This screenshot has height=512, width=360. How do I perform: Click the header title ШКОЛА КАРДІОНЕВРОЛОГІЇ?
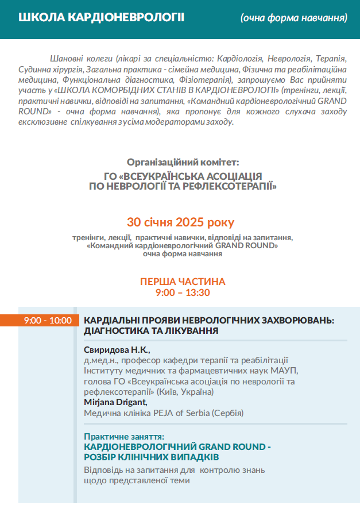(x=102, y=17)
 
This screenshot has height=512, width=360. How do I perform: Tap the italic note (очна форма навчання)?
(x=293, y=18)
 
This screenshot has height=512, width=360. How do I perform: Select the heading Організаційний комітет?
(x=183, y=162)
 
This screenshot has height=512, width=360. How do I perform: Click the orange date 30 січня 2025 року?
(x=180, y=222)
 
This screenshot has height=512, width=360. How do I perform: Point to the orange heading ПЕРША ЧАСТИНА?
(x=183, y=282)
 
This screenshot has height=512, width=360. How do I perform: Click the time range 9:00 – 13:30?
(x=183, y=292)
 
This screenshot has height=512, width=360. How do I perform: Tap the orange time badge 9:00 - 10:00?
(x=48, y=320)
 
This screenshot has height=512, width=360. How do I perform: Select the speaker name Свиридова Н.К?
(x=117, y=350)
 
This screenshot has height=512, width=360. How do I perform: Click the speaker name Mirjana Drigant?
(x=115, y=402)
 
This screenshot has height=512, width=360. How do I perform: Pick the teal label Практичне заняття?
(x=124, y=437)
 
